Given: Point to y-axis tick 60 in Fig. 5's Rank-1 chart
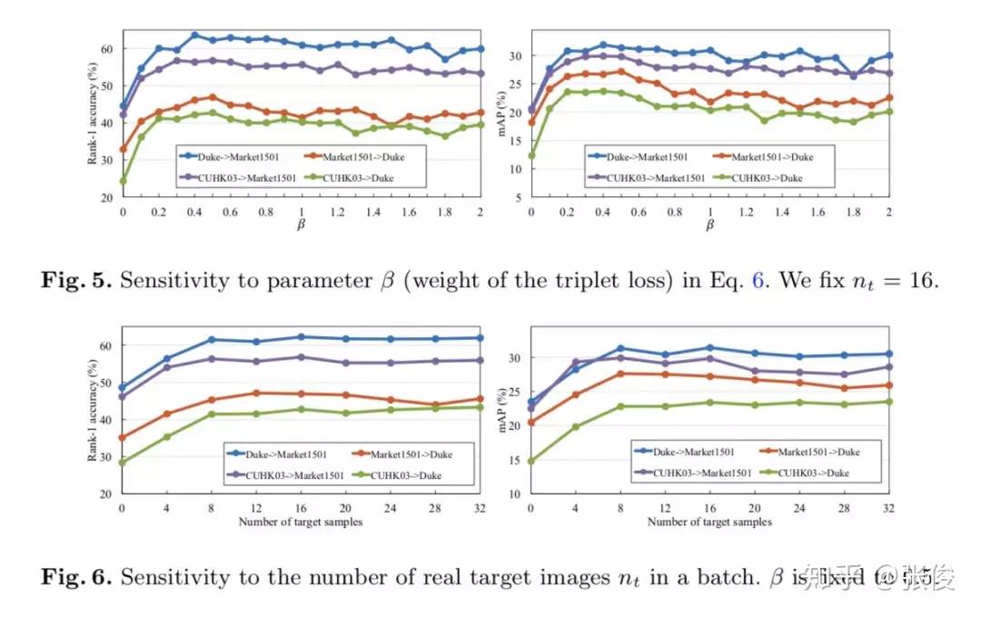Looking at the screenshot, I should [x=107, y=48].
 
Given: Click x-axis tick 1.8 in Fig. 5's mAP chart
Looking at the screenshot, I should [x=853, y=211].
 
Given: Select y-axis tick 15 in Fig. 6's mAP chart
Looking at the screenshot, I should [x=515, y=460].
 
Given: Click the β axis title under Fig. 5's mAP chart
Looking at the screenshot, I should [x=709, y=224].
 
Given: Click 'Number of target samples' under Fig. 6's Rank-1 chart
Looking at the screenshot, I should [x=300, y=522].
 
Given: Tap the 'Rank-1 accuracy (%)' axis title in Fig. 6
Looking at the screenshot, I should [x=93, y=410].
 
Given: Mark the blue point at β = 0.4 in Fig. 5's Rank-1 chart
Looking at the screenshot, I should [x=194, y=35].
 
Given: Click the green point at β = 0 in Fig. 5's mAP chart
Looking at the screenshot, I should [x=531, y=155].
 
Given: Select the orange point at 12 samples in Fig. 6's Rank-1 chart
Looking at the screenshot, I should [x=256, y=394].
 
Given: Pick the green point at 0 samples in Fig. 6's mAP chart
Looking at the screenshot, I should [x=531, y=461].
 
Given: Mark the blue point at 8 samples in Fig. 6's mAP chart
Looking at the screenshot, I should [x=620, y=348].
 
